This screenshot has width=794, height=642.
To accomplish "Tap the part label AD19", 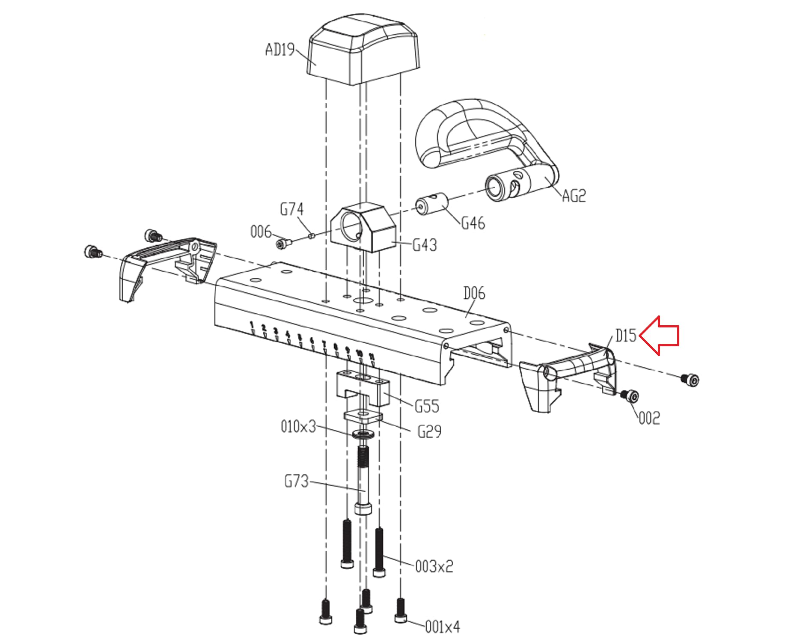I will (280, 50).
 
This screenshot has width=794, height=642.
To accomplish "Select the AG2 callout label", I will (573, 196).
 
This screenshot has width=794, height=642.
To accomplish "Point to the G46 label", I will (473, 223).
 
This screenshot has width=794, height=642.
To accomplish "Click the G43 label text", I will (425, 245).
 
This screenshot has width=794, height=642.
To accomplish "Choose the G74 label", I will (291, 209).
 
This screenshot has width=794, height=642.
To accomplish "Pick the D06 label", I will (474, 293).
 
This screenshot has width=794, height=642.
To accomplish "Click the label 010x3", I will (298, 426).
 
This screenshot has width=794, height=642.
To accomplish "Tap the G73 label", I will (296, 481).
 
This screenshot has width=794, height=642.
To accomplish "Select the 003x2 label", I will (434, 567).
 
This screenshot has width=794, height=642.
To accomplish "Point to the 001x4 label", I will (442, 627).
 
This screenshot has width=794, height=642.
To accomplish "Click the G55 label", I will (427, 406).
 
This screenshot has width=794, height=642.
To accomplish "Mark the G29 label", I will (429, 431).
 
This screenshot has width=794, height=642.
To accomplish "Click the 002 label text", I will (649, 418).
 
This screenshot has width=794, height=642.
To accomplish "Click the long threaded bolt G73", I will (363, 479).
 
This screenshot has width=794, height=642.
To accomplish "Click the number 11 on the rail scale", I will (372, 356).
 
